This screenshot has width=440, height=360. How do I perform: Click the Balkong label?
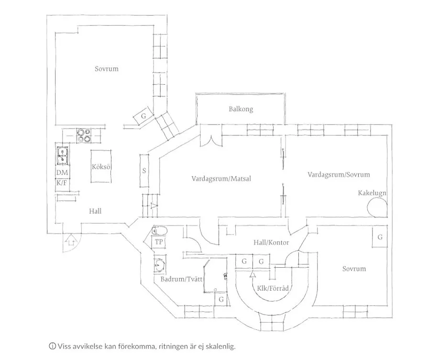[241, 109]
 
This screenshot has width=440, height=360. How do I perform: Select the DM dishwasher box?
[62, 173]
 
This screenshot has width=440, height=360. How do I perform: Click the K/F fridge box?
[62, 183]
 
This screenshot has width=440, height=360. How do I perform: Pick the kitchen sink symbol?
[62, 153]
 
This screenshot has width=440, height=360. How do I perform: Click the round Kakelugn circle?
[376, 208]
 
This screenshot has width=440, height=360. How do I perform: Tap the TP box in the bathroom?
[158, 242]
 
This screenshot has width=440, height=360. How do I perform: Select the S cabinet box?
[144, 171]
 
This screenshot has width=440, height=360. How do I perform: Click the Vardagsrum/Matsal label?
[221, 179]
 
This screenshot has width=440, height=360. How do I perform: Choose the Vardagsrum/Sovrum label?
[339, 175]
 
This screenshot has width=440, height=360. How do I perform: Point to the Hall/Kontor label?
[271, 243]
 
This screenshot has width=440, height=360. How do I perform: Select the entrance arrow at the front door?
[71, 240]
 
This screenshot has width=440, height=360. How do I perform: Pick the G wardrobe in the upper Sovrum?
[143, 116]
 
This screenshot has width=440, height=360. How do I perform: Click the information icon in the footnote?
[52, 346]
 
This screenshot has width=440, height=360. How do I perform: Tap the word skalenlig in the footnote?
[219, 346]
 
